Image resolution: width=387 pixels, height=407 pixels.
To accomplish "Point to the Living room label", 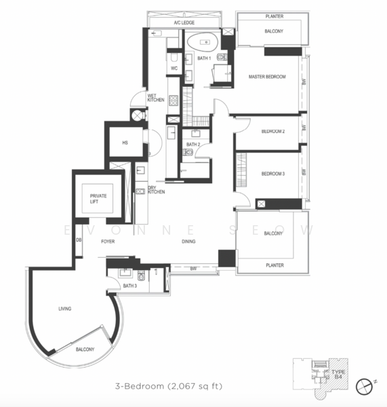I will [x=65, y=309].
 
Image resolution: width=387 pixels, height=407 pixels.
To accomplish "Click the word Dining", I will [x=189, y=241].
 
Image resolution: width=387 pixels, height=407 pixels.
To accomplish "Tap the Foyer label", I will [x=108, y=241].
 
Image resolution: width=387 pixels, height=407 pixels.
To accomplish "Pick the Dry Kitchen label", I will [x=156, y=191].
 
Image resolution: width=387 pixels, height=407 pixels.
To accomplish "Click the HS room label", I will [x=125, y=143].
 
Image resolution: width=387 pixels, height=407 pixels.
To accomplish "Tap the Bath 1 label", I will [x=204, y=58].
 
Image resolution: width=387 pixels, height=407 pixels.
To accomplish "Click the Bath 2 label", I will [x=193, y=144].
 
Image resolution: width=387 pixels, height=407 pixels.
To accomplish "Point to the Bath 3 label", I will [x=130, y=286].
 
